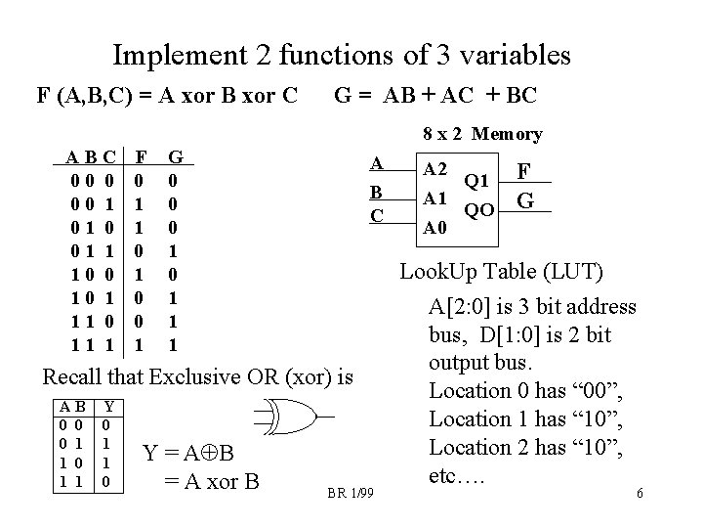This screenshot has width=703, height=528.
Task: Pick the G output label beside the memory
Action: click(524, 201)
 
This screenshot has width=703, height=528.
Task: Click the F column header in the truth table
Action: click(141, 155)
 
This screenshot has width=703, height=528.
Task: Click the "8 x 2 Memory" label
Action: click(483, 133)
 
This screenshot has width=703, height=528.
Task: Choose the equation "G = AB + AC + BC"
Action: click(435, 97)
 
